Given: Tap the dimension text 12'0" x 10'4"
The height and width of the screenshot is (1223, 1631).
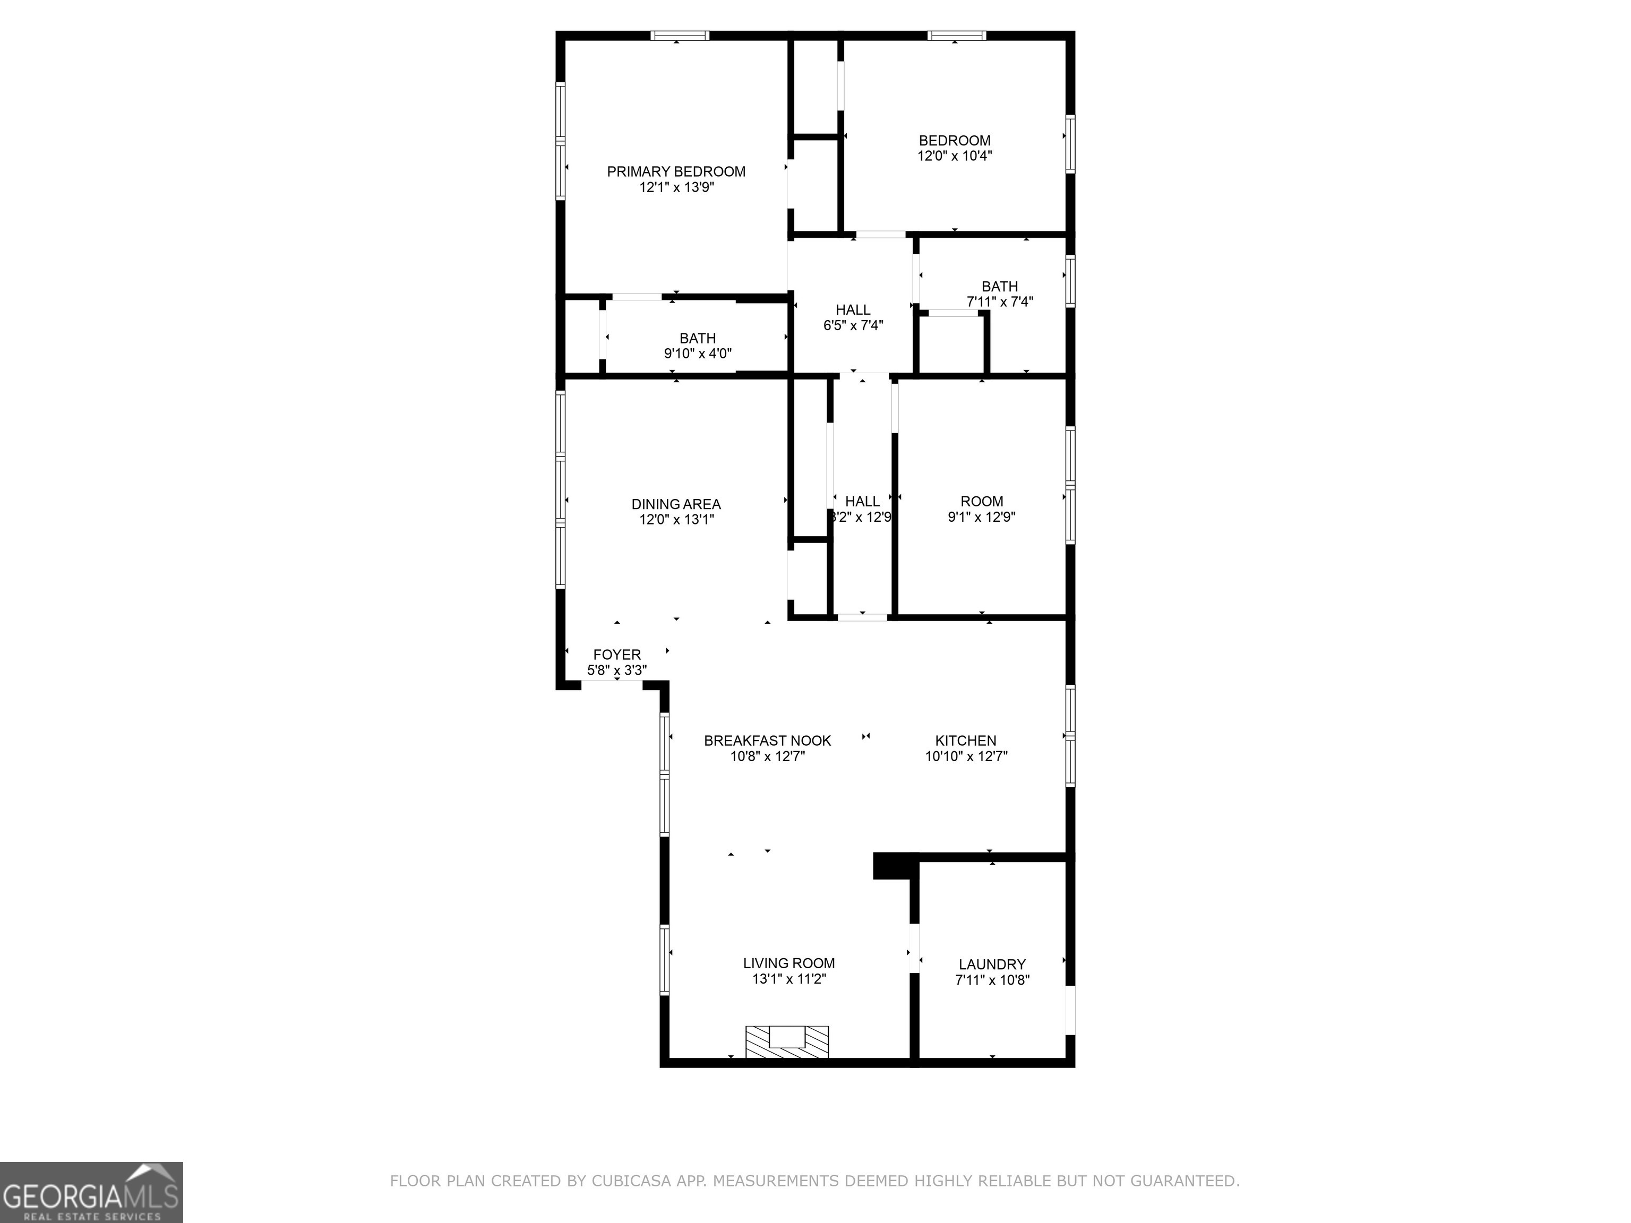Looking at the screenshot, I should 954,156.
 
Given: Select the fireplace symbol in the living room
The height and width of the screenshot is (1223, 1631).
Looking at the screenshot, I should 787,1041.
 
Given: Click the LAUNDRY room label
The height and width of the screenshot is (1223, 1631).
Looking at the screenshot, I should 992,964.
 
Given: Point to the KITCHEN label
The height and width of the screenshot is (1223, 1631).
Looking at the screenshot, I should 965,740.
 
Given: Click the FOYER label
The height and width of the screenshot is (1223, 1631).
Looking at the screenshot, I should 616,654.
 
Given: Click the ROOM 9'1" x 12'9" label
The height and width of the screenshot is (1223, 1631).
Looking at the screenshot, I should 981,509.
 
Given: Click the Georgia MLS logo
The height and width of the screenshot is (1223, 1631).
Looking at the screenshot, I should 91,1192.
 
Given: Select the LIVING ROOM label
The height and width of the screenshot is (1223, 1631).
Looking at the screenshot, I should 788,963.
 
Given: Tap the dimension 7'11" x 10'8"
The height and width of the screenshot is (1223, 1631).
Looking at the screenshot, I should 992,980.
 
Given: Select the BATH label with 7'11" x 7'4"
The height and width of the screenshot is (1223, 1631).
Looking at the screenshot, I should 999,286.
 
